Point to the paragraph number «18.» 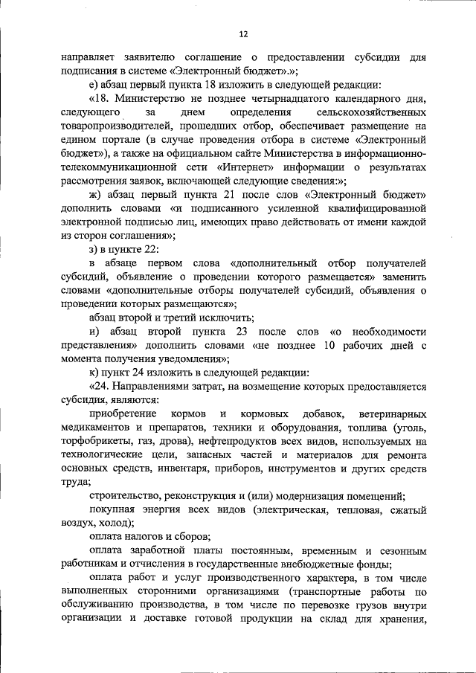pyautogui.click(x=102, y=99)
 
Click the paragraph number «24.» pyautogui.click(x=102, y=387)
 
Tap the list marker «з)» pyautogui.click(x=94, y=249)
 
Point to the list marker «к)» pyautogui.click(x=94, y=373)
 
